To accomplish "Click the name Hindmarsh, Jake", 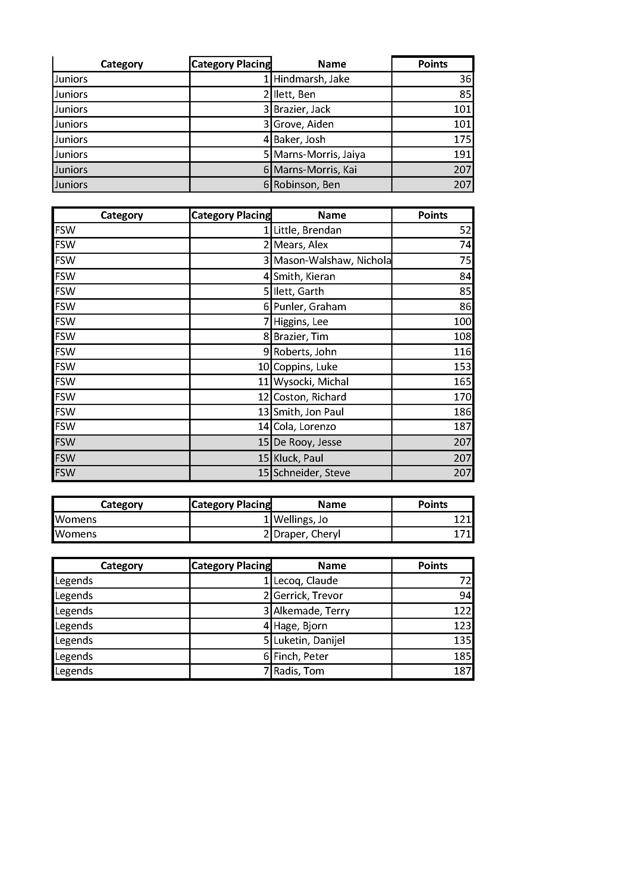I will click(311, 79).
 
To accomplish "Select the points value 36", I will click(465, 79).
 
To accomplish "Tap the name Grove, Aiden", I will click(303, 124).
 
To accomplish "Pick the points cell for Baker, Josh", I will click(462, 140).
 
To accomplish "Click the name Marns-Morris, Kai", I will click(315, 169).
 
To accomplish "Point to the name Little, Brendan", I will click(307, 230).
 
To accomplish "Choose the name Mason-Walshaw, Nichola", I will click(332, 261).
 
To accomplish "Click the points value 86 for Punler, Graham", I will click(465, 307).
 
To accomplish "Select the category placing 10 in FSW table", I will click(263, 367).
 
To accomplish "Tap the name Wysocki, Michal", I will click(311, 382).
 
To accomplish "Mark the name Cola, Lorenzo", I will click(304, 427).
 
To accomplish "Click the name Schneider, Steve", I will click(311, 473).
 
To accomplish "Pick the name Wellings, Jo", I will click(301, 520).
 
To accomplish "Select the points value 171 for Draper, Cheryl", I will click(462, 534).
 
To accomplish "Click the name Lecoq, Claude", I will click(306, 581).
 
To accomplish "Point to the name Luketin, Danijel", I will click(309, 640).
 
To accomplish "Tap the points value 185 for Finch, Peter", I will click(462, 656).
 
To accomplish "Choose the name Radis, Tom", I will click(299, 671).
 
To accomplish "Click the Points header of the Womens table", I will click(432, 505).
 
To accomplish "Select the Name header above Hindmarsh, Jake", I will click(332, 64).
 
